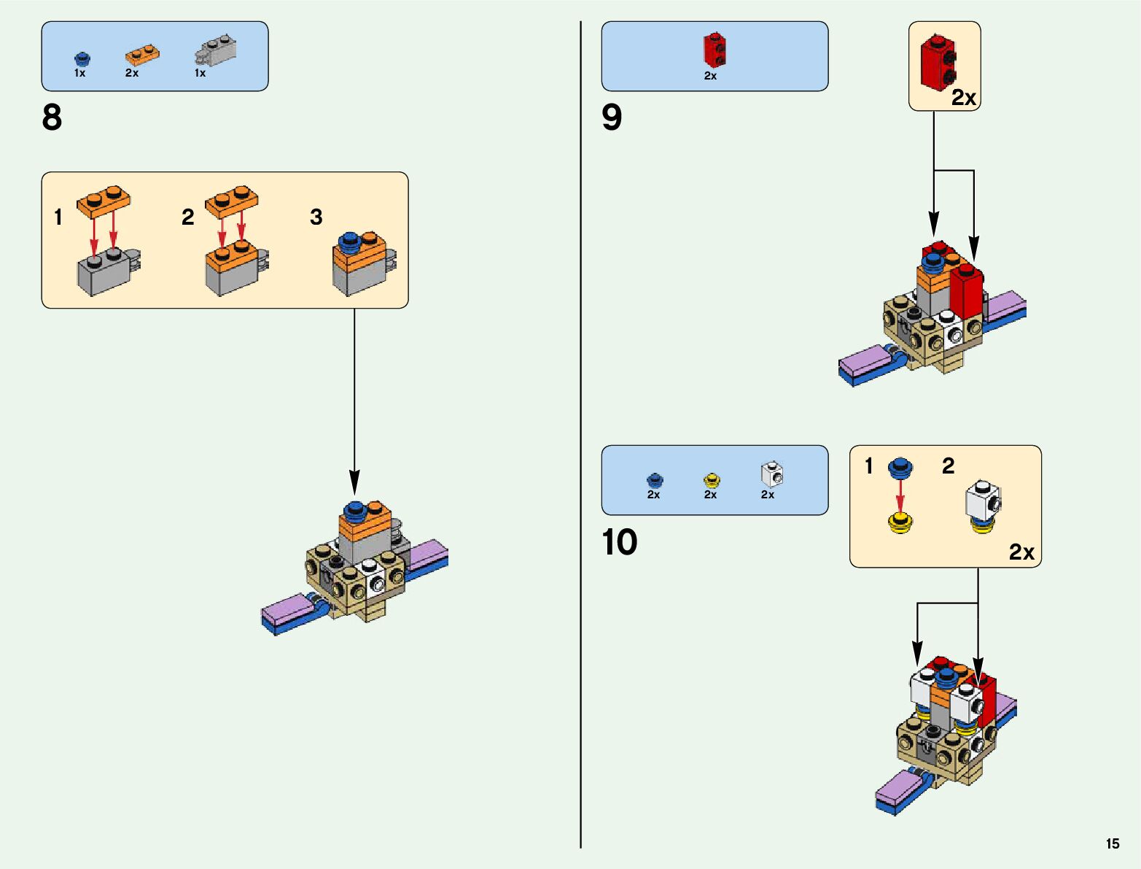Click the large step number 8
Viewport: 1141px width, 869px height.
pyautogui.click(x=52, y=117)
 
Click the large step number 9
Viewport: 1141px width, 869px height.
pyautogui.click(x=612, y=117)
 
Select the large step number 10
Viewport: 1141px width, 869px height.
pyautogui.click(x=620, y=542)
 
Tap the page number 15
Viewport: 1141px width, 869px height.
pyautogui.click(x=1112, y=843)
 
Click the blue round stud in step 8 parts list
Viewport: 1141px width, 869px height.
pyautogui.click(x=81, y=58)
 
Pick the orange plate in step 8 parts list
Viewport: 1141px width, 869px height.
pyautogui.click(x=142, y=55)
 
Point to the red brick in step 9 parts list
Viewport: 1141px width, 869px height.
pyautogui.click(x=714, y=50)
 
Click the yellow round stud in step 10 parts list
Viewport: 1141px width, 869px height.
pyautogui.click(x=711, y=480)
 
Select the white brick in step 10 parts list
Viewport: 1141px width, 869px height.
pyautogui.click(x=771, y=474)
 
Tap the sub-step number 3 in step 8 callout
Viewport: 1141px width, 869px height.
pyautogui.click(x=316, y=217)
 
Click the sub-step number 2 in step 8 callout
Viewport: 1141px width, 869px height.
pyautogui.click(x=188, y=217)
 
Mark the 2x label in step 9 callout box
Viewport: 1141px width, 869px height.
pyautogui.click(x=964, y=98)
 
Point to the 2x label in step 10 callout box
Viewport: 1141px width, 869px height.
pyautogui.click(x=1021, y=552)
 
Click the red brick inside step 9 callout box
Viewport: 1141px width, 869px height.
pyautogui.click(x=938, y=63)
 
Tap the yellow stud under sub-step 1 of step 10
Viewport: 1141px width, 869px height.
pyautogui.click(x=901, y=523)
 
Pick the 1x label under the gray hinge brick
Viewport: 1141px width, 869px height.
pyautogui.click(x=200, y=73)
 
